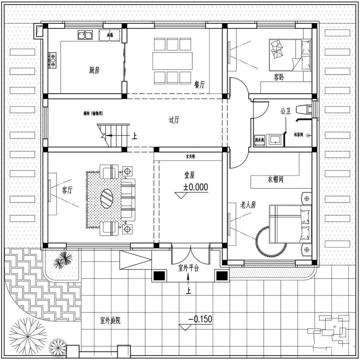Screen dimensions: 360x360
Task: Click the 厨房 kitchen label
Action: point(94,70)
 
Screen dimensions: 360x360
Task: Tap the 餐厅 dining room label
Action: point(199,85)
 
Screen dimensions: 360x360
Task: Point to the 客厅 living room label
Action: point(67,190)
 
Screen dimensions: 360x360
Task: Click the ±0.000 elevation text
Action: point(195,187)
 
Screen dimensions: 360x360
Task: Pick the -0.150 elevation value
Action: point(200,319)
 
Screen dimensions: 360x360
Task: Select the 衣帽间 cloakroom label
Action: point(275,180)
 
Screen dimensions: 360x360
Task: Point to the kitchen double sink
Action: point(85,35)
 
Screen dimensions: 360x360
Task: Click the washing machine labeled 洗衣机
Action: point(259,140)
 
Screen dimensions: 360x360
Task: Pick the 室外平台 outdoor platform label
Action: point(189,268)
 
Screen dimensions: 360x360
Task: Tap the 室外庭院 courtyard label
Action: point(110,321)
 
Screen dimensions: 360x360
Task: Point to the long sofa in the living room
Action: point(128,200)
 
